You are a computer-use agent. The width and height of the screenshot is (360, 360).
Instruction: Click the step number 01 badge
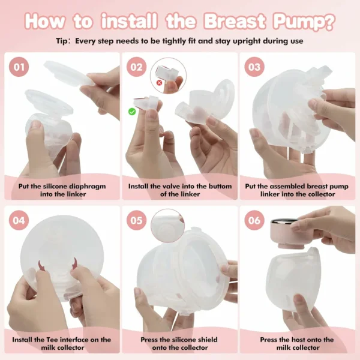click(x=19, y=67)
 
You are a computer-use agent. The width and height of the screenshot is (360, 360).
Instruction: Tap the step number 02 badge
click(x=137, y=67)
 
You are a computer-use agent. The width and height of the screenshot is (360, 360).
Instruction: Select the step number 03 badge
click(x=254, y=67)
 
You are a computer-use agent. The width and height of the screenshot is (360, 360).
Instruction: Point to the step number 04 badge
click(x=19, y=220)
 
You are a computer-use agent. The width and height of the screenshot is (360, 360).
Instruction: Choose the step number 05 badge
click(x=137, y=220)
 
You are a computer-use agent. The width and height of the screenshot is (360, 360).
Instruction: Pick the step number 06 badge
click(x=254, y=220)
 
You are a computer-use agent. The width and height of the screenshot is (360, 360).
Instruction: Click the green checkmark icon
click(x=132, y=112)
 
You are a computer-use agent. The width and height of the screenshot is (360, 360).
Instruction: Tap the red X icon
click(x=159, y=83)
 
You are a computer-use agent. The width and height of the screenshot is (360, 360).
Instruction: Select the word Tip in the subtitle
click(x=62, y=41)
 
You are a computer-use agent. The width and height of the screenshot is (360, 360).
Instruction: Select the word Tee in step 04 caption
click(x=52, y=340)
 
